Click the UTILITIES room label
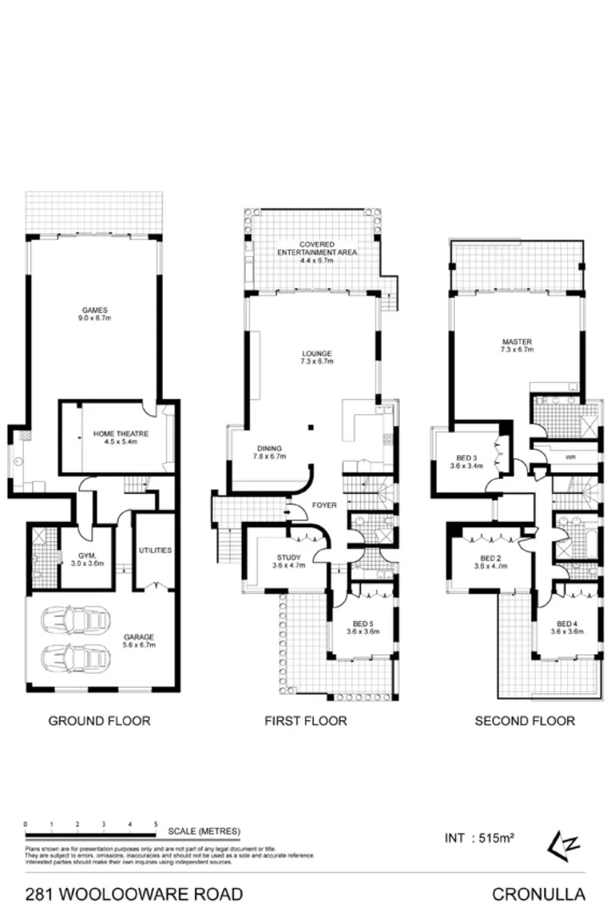pyautogui.click(x=154, y=550)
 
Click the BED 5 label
pyautogui.click(x=362, y=626)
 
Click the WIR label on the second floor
pyautogui.click(x=569, y=457)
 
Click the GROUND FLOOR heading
pyautogui.click(x=99, y=721)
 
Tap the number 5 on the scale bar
pyautogui.click(x=156, y=823)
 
